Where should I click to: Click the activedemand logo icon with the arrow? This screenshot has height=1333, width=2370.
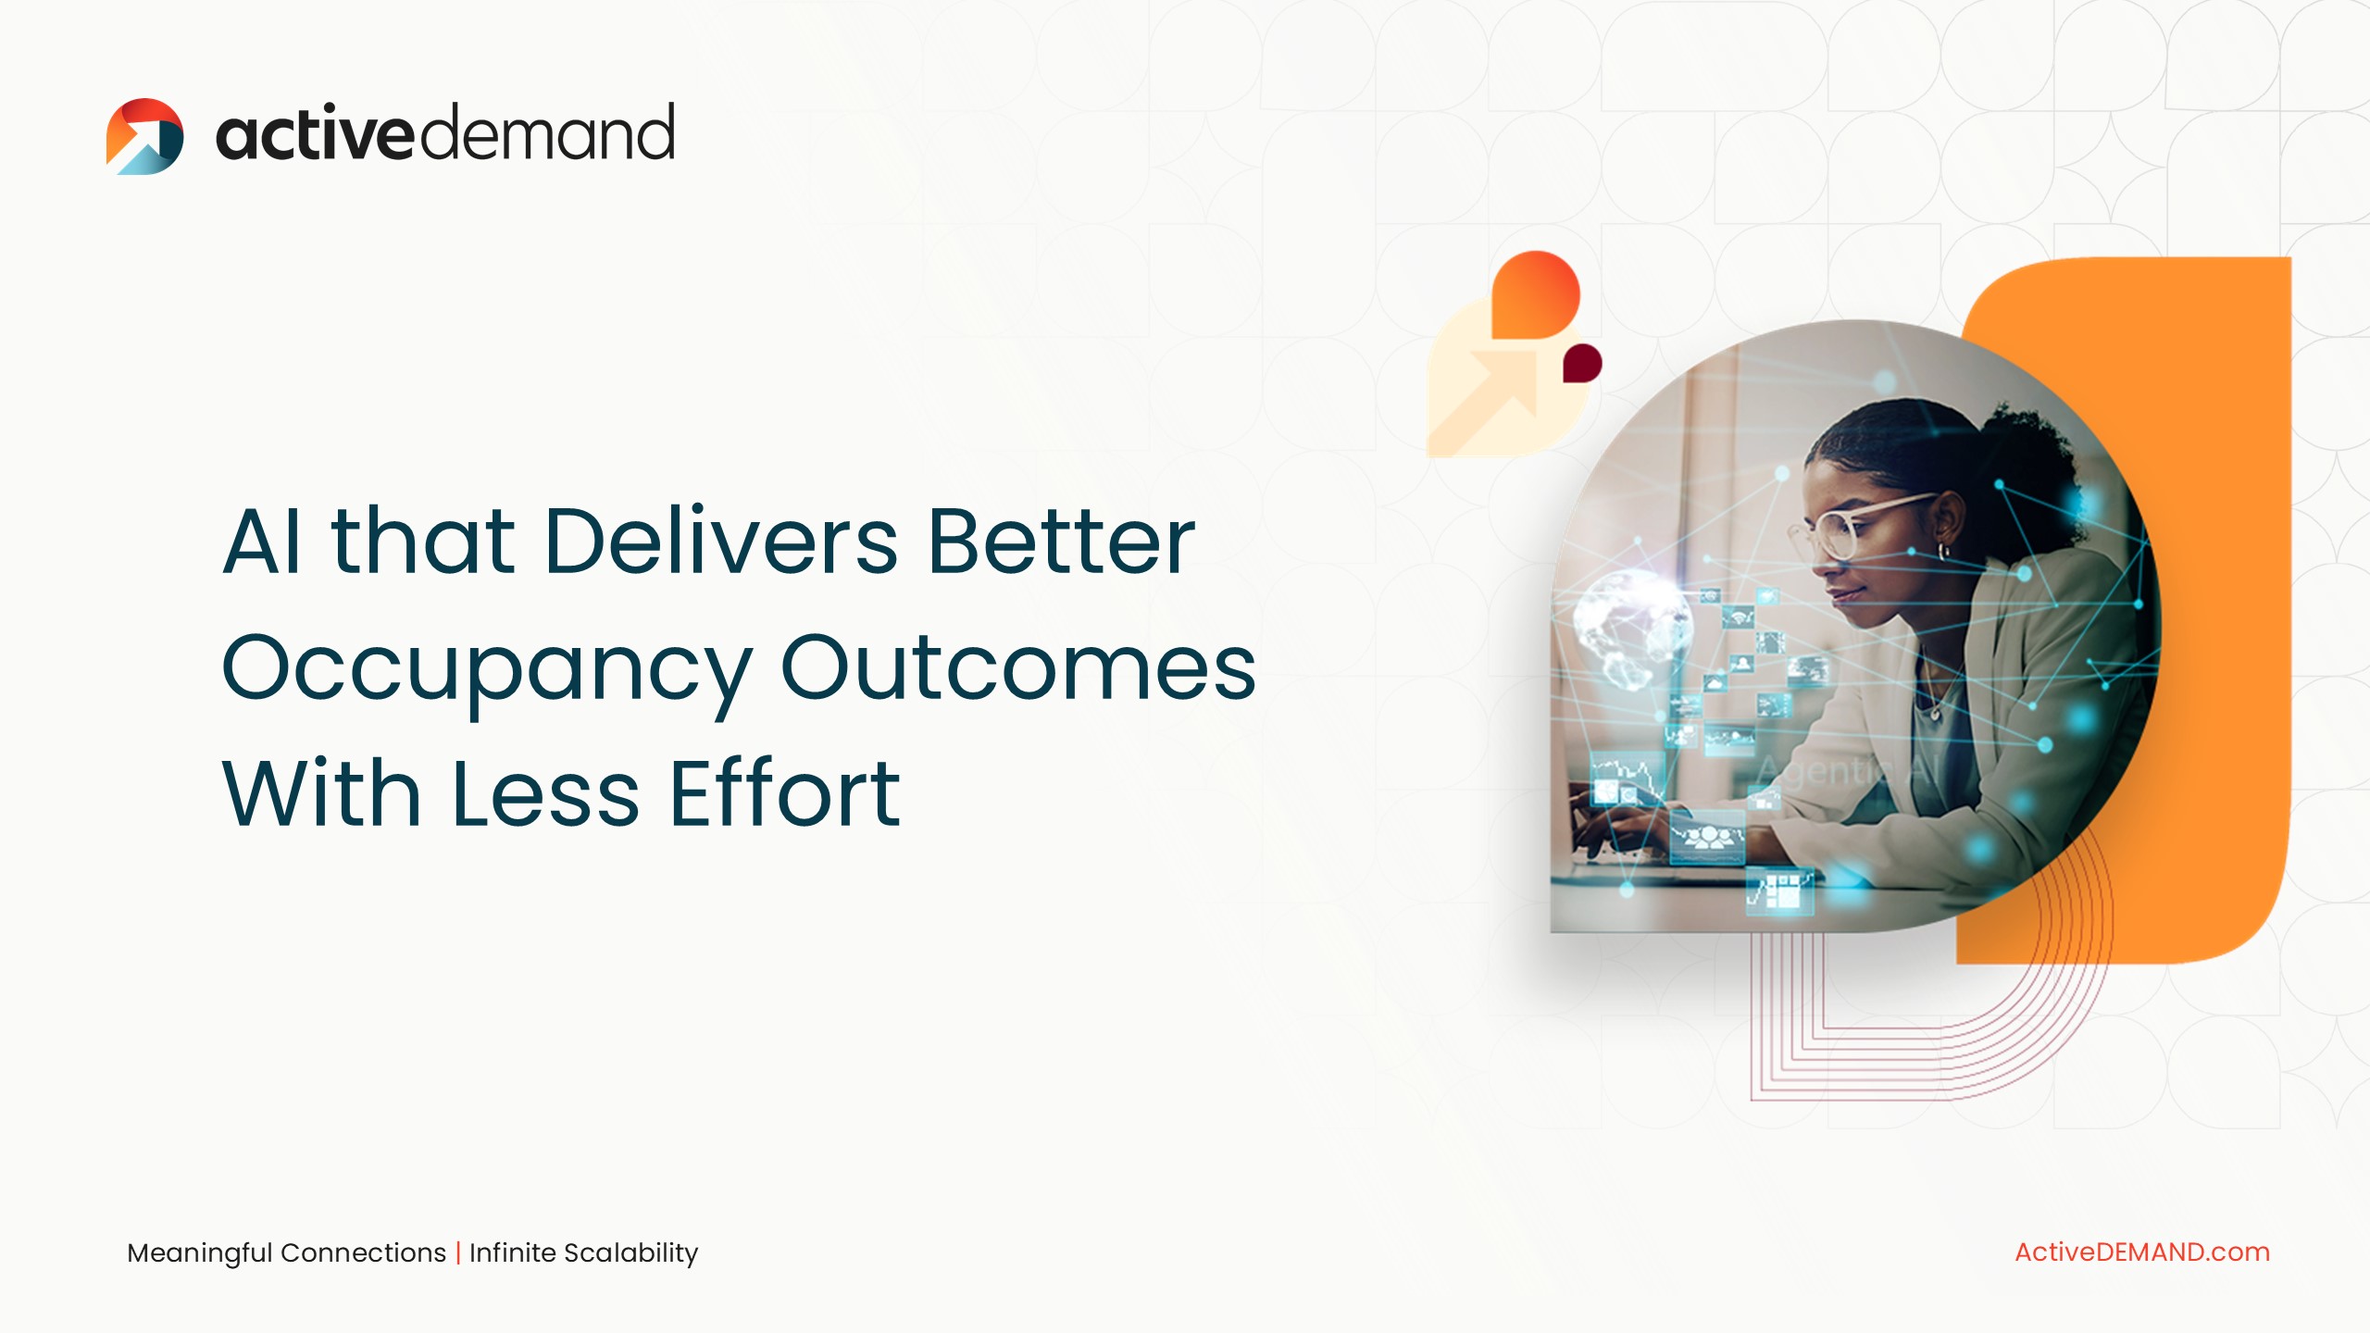click(144, 136)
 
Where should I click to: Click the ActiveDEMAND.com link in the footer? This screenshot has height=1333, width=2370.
click(2142, 1252)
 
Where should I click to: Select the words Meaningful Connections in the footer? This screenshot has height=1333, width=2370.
click(287, 1252)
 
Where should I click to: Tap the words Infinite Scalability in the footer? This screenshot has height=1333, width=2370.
click(583, 1252)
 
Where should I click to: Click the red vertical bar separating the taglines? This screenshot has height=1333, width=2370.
click(458, 1252)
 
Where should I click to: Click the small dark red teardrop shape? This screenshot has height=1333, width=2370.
click(1582, 363)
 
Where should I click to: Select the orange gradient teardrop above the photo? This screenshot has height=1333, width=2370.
click(1536, 294)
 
